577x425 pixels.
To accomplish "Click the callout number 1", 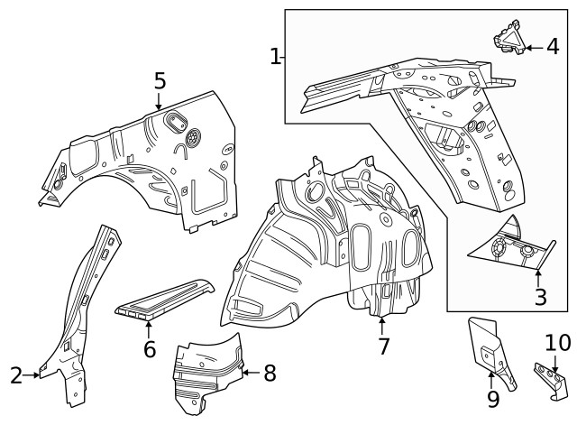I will click(x=276, y=57).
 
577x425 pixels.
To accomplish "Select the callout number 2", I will click(x=16, y=374).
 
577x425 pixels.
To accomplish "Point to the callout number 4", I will click(x=553, y=48).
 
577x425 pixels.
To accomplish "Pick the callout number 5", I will click(x=160, y=81).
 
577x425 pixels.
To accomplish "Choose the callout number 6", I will click(x=150, y=346).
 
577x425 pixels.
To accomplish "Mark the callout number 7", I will click(x=383, y=346).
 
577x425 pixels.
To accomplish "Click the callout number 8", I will click(x=270, y=372).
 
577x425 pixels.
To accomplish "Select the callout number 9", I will click(x=493, y=398).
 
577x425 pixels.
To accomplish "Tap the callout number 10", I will click(x=558, y=343).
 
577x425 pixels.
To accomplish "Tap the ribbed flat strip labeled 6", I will click(x=167, y=299).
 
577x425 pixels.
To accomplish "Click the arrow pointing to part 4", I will click(x=533, y=48).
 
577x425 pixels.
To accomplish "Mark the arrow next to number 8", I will click(x=251, y=371).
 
